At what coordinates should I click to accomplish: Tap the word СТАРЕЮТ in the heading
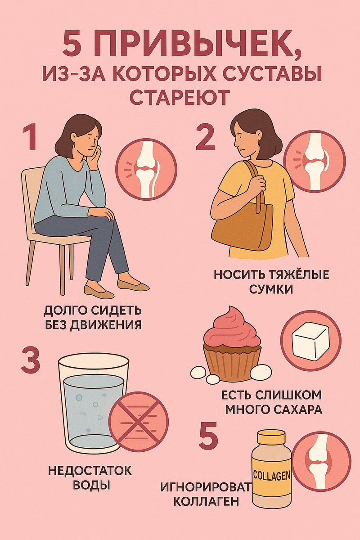[179, 97]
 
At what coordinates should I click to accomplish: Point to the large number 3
[30, 360]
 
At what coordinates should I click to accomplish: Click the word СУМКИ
[271, 289]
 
